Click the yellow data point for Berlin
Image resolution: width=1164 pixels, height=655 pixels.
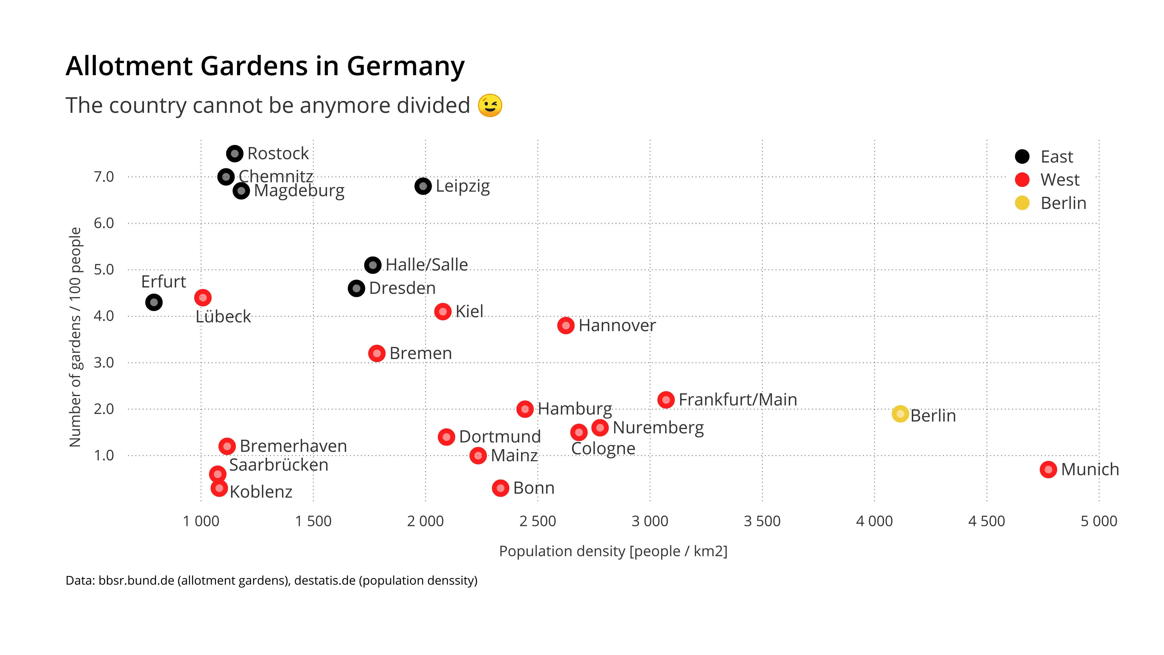tap(900, 414)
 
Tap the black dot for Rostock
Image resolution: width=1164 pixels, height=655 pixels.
tap(235, 154)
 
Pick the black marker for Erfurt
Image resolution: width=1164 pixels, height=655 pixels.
tap(154, 302)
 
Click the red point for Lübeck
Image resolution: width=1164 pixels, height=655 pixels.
tap(203, 297)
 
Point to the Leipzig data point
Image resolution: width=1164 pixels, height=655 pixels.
tap(423, 186)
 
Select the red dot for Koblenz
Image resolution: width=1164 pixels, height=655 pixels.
tap(219, 488)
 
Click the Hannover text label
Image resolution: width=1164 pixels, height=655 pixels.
tap(617, 325)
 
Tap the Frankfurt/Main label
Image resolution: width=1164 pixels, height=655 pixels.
tap(738, 400)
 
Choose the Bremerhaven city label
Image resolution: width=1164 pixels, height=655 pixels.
tap(293, 446)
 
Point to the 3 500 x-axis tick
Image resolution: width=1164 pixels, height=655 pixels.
tap(762, 521)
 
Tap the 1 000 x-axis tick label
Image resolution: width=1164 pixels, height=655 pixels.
tap(201, 521)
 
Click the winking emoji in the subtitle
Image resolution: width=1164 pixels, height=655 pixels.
tap(490, 105)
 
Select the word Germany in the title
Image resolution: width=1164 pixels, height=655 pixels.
tap(405, 66)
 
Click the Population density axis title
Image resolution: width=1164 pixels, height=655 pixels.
tap(613, 551)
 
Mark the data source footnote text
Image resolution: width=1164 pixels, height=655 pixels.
tap(271, 580)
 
